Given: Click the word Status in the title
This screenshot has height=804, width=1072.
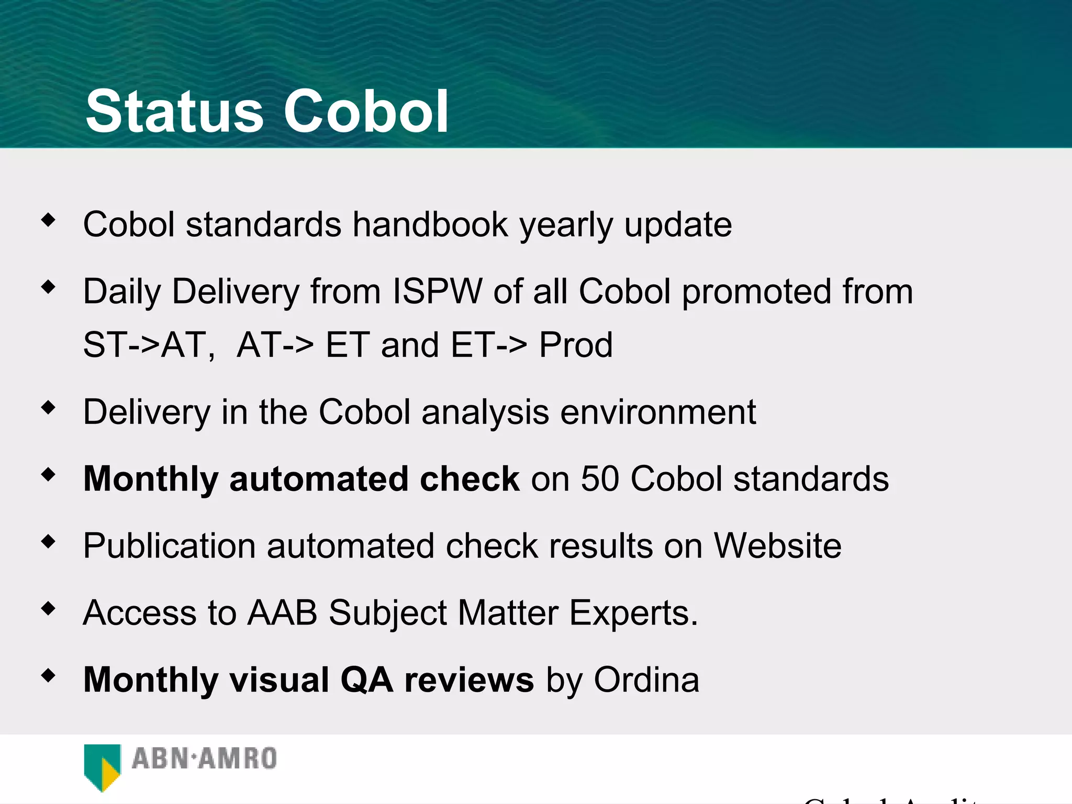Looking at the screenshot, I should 174,111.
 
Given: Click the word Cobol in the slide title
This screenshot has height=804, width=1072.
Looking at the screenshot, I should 366,111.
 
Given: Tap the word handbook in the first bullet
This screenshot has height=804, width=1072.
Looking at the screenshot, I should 430,225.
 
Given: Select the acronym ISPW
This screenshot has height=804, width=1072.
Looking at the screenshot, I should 437,292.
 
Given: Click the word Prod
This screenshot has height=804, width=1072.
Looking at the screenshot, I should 576,345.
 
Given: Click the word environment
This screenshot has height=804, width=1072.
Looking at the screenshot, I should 658,412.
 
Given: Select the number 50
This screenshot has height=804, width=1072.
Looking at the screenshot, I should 600,479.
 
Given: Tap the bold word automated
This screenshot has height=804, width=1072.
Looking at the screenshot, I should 318,479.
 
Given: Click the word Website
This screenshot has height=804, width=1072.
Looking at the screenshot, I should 778,546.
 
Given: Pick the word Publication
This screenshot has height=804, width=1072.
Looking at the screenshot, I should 170,546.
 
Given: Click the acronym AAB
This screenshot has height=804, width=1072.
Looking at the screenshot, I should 283,613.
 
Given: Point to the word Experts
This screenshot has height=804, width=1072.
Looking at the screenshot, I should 633,613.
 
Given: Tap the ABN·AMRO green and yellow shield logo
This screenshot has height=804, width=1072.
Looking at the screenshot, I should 102,767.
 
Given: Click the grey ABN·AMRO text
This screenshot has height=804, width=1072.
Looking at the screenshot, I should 204,759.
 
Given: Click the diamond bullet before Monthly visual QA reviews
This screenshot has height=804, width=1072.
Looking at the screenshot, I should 48,676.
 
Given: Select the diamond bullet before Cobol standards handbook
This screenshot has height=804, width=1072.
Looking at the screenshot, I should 48,220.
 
